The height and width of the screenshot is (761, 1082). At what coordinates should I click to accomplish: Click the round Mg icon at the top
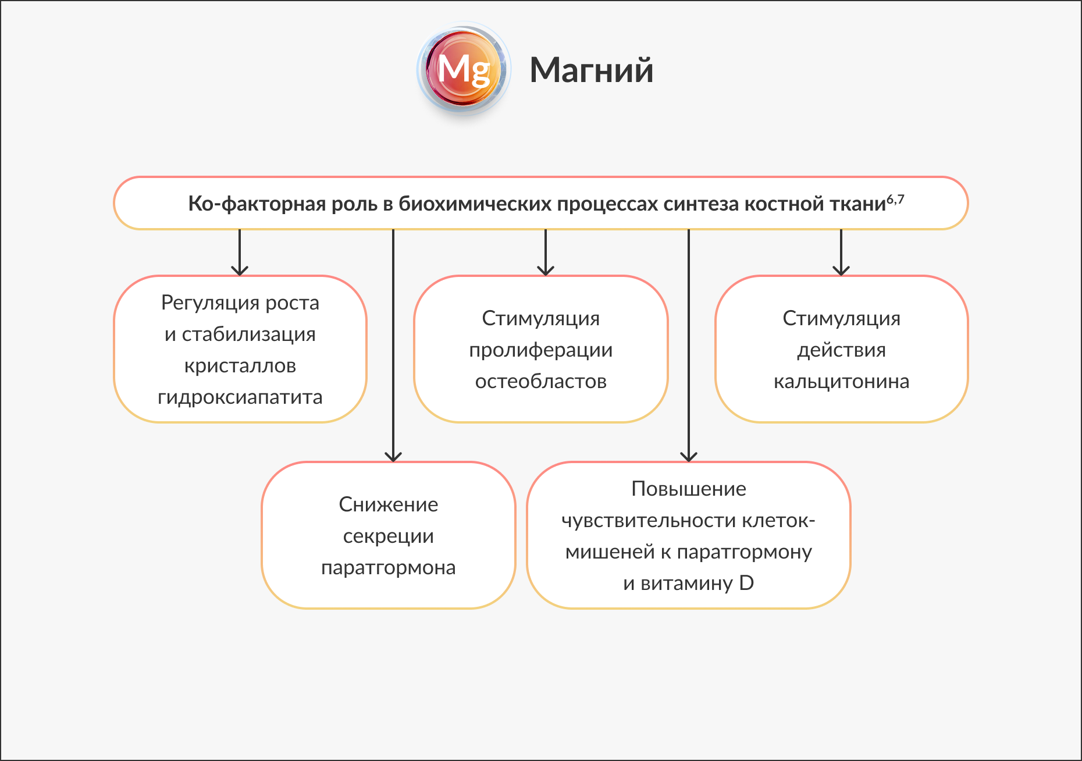(464, 69)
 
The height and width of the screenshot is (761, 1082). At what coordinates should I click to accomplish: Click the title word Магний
(591, 70)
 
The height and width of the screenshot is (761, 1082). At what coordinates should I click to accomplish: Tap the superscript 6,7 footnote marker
(895, 200)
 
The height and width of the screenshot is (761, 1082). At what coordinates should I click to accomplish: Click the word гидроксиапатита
(240, 397)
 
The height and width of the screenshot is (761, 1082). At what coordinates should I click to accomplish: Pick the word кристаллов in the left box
(240, 366)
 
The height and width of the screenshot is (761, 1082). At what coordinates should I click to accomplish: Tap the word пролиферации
(540, 350)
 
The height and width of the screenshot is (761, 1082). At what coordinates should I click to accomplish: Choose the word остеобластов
(540, 382)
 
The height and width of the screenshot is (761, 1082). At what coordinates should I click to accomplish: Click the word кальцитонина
(841, 382)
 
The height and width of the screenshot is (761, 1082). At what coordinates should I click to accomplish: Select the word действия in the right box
(841, 350)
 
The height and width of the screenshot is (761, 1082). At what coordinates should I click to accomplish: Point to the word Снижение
(388, 504)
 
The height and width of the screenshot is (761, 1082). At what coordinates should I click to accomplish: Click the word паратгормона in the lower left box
(388, 567)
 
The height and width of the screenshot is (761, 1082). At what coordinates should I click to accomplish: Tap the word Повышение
(688, 489)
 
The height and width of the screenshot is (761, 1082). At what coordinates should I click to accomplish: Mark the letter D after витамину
(746, 583)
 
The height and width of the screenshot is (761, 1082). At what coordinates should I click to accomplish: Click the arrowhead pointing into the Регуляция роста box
(240, 271)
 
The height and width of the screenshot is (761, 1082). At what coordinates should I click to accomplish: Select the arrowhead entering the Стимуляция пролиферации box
(546, 271)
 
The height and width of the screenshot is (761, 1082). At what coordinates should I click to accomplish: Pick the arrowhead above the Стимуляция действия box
(841, 271)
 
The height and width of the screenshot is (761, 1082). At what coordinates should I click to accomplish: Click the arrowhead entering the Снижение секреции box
(393, 457)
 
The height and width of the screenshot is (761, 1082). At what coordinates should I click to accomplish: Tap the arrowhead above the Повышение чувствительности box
(689, 457)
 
